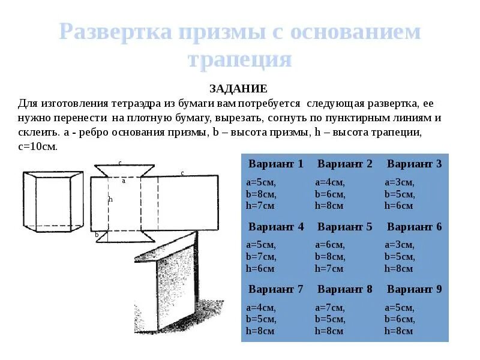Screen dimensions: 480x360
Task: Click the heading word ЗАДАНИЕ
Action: coord(238,89)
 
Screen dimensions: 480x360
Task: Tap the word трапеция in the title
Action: coord(239,59)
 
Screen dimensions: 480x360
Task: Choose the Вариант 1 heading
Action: coord(276,164)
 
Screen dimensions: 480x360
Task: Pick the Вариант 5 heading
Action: coord(345,227)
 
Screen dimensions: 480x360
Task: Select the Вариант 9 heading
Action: coord(414,289)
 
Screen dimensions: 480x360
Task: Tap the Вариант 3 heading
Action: coord(414,164)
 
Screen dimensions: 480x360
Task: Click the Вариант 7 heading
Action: coord(276,289)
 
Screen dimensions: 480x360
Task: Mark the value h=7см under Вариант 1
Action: coord(260,206)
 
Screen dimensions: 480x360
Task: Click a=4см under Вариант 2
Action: coord(329,182)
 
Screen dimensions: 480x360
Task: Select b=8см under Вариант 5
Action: coord(330,257)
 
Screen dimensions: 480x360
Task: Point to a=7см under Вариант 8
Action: coord(329,308)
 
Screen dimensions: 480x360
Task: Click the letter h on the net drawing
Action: coord(110,200)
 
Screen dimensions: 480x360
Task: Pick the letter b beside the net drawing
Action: coord(96,235)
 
